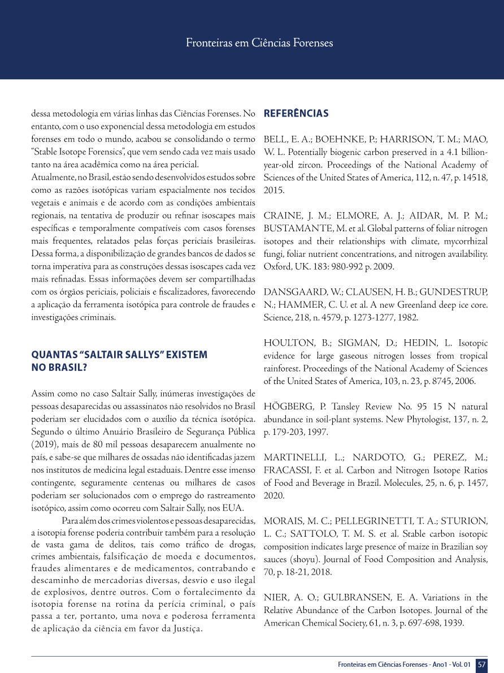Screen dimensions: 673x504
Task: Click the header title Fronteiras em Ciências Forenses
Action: [x=259, y=42]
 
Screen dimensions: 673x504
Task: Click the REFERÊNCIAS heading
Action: [x=296, y=114]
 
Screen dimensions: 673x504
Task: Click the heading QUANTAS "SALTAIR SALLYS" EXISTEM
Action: [x=119, y=355]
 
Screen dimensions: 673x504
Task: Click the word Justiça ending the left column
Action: [x=185, y=628]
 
